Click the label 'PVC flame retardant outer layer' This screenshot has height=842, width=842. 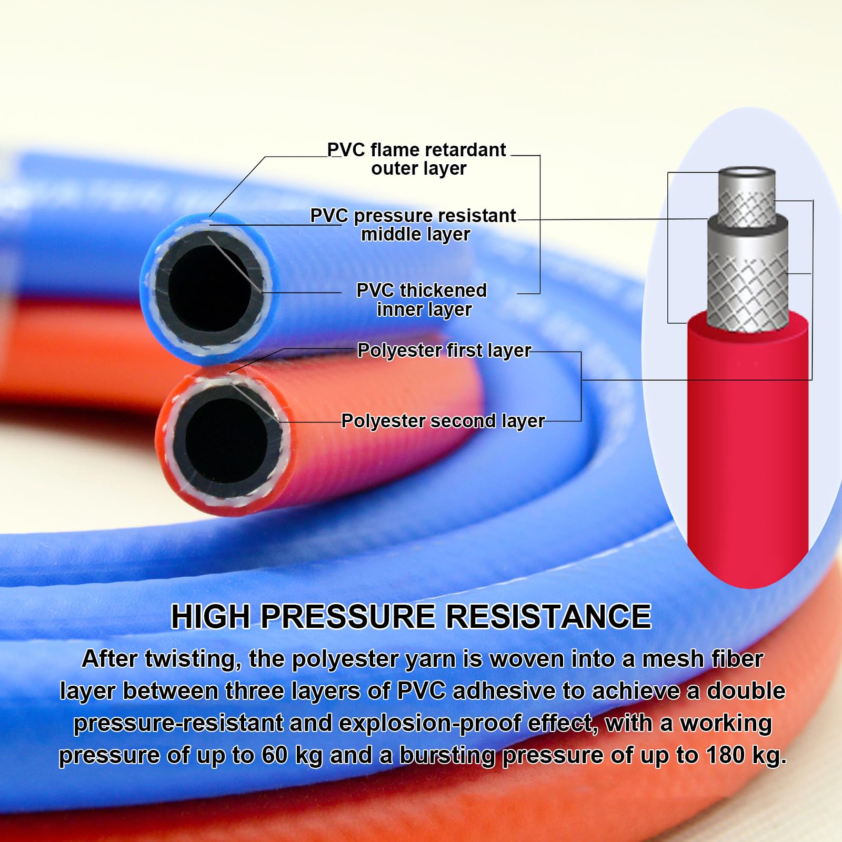click(417, 159)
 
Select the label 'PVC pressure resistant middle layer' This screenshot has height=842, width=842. click(414, 225)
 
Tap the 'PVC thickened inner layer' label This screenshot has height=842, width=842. click(422, 300)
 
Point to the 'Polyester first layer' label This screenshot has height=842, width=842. click(445, 350)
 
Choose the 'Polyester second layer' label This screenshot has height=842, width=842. click(443, 421)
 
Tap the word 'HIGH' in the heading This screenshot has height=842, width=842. click(210, 616)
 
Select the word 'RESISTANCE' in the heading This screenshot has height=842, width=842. click(549, 616)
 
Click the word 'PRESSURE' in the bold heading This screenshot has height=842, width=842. click(348, 616)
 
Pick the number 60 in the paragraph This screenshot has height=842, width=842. click(275, 755)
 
